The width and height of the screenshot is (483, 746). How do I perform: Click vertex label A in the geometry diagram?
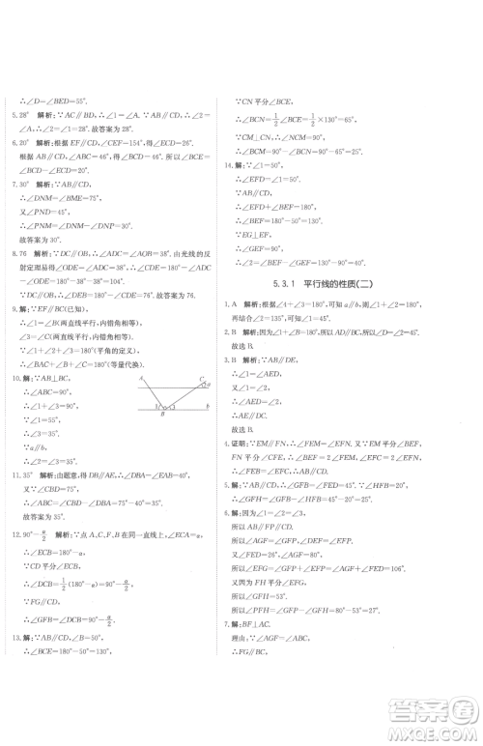point(140,379)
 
